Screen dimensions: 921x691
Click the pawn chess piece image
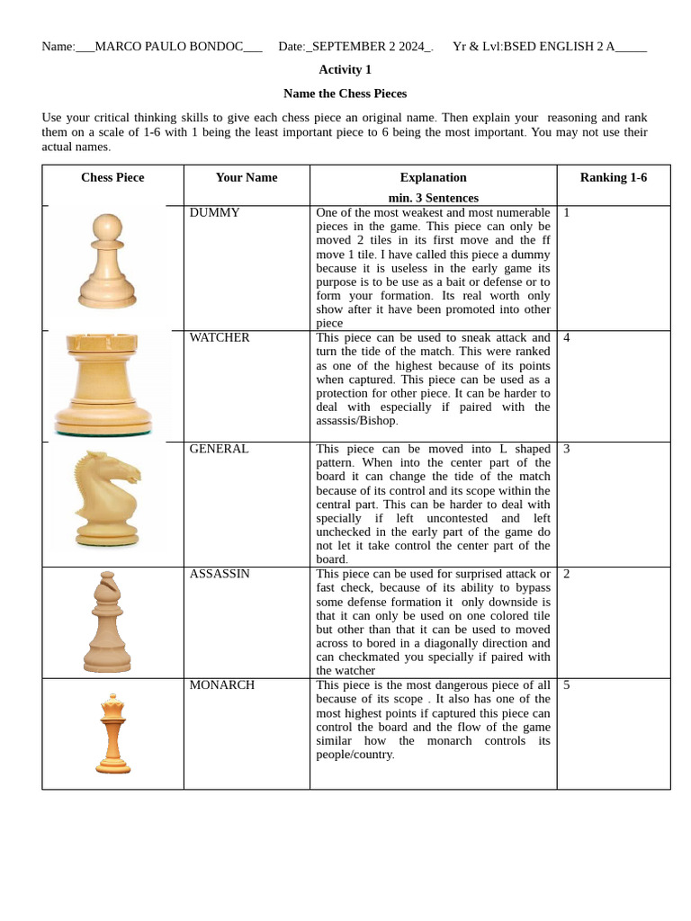click(x=107, y=263)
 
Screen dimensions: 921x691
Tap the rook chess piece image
click(x=101, y=385)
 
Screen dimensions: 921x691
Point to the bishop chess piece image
click(x=107, y=621)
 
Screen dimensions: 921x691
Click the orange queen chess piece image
click(x=112, y=734)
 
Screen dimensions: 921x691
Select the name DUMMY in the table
click(x=214, y=213)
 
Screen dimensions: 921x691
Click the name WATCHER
click(x=220, y=338)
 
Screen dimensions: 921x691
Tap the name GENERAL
click(x=219, y=449)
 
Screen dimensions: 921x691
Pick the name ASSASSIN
click(x=220, y=574)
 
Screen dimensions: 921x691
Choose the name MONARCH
click(x=221, y=685)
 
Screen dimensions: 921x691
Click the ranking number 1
click(x=566, y=213)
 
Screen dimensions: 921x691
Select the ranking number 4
click(x=566, y=338)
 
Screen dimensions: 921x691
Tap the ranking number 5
click(x=566, y=685)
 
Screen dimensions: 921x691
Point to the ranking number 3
click(x=566, y=449)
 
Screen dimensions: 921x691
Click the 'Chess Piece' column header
click(x=112, y=178)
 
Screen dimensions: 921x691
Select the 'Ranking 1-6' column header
click(x=613, y=178)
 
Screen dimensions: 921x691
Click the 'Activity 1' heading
click(x=345, y=70)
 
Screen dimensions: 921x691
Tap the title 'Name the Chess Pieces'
click(x=345, y=94)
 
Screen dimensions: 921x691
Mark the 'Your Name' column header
click(x=247, y=178)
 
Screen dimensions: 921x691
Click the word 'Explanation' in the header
click(x=433, y=178)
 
